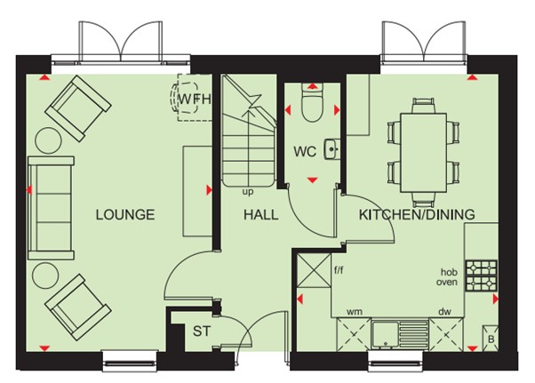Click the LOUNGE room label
[125, 214]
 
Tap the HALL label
[261, 215]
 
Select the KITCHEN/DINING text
[417, 214]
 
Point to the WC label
[305, 151]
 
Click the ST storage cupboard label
[202, 331]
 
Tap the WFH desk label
[195, 99]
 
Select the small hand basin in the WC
[331, 149]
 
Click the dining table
[423, 153]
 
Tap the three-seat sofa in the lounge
[52, 208]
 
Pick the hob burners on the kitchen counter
[481, 275]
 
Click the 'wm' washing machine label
[355, 312]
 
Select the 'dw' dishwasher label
[444, 311]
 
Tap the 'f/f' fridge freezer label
[339, 271]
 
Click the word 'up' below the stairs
[248, 192]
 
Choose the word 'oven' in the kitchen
[447, 282]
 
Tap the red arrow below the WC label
[312, 180]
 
